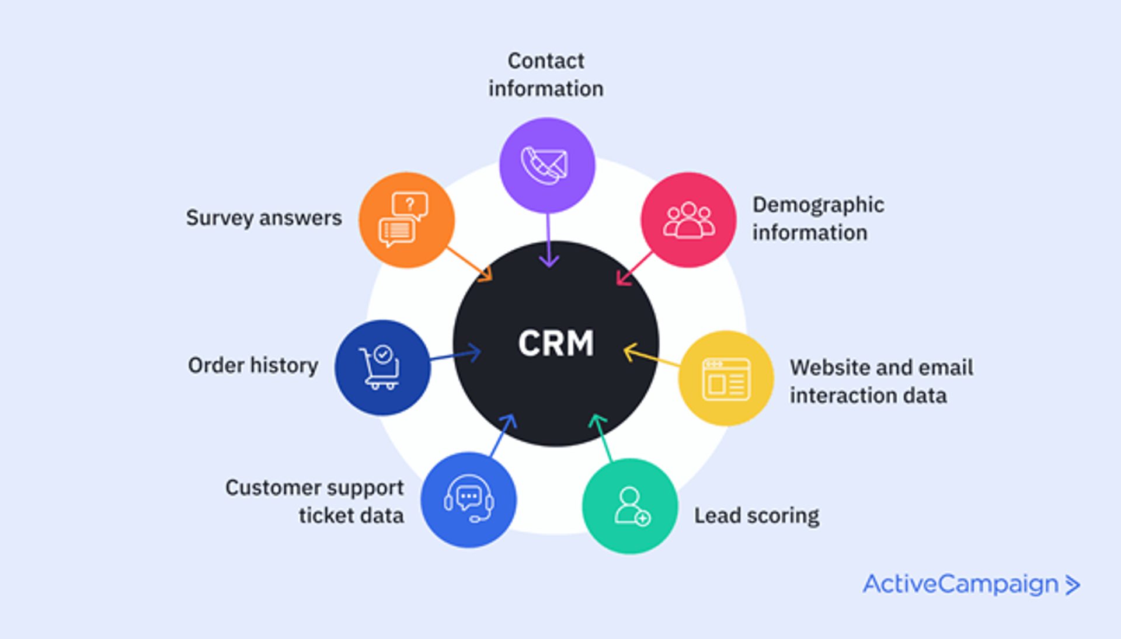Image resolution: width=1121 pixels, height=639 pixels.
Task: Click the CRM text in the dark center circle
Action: [x=555, y=343]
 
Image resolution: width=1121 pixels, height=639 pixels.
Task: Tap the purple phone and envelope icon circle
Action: [x=547, y=165]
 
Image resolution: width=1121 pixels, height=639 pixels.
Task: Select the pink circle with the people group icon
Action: [x=688, y=220]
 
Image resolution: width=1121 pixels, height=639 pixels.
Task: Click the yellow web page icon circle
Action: [x=726, y=379]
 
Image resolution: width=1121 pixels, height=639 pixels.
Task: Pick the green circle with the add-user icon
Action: [x=630, y=506]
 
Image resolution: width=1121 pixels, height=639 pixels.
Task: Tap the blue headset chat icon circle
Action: [x=469, y=500]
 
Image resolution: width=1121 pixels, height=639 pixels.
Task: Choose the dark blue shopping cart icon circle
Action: [x=382, y=368]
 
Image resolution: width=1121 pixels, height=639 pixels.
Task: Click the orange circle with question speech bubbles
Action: [x=406, y=220]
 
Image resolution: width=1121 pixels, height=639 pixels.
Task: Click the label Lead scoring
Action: [x=756, y=516]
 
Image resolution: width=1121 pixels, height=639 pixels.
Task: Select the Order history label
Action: [x=253, y=365]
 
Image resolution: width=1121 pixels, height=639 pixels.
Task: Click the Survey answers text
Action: [x=263, y=218]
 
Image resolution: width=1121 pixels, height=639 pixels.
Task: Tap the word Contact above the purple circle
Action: [x=546, y=61]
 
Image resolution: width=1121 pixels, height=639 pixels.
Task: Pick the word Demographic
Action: [x=818, y=205]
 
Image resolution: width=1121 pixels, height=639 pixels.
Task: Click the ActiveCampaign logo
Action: [x=971, y=584]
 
